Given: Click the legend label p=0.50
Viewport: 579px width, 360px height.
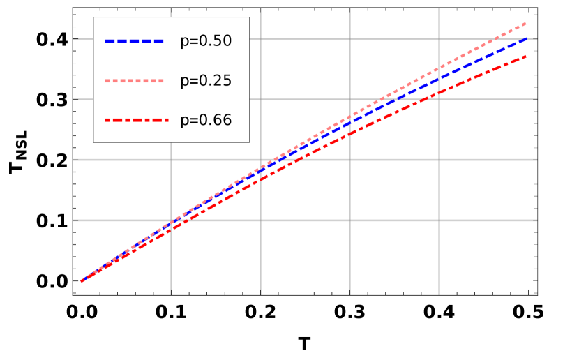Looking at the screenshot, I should click(x=206, y=41).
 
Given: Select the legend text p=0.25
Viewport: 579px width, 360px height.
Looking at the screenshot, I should click(x=206, y=81).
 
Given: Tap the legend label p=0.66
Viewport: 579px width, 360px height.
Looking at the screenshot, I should click(x=206, y=121).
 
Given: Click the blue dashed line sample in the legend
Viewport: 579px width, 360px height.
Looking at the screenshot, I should click(x=135, y=41).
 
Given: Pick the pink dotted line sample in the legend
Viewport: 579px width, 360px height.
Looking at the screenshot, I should click(x=135, y=81).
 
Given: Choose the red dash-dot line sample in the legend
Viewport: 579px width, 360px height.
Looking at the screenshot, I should click(x=135, y=121).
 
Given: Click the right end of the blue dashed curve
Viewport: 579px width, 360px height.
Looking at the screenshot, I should click(x=527, y=38).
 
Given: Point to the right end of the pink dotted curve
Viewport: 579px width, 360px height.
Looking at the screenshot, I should click(x=527, y=22).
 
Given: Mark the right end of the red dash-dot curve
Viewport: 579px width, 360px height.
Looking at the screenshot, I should click(x=527, y=55).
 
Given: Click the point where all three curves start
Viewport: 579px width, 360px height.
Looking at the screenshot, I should click(x=82, y=281).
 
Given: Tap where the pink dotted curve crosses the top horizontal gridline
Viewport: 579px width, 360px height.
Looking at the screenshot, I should click(x=496, y=38).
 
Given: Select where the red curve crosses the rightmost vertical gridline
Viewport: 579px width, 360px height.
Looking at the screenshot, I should click(x=439, y=93).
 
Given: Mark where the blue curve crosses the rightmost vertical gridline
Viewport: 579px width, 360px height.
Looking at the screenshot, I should click(x=439, y=78).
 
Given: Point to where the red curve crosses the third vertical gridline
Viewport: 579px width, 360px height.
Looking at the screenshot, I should click(x=349, y=133).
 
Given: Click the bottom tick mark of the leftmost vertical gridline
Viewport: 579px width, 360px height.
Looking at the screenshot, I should click(x=171, y=292).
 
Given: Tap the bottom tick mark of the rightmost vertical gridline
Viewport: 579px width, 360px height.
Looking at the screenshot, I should click(x=439, y=292).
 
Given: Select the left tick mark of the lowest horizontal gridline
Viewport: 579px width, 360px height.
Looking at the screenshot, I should click(x=76, y=220).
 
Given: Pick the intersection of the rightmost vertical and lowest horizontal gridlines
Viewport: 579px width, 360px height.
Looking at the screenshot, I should click(x=439, y=220).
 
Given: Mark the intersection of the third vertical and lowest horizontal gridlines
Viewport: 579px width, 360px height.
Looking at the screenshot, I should click(x=349, y=220).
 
